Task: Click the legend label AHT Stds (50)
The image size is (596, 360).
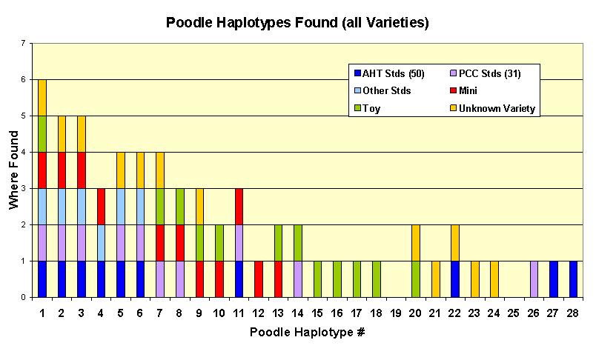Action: click(x=393, y=74)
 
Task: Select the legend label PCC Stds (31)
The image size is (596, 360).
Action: click(x=489, y=74)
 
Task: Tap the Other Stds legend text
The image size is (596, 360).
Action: click(x=386, y=91)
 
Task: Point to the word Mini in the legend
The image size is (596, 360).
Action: click(x=468, y=91)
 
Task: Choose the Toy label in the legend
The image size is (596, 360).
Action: click(x=371, y=109)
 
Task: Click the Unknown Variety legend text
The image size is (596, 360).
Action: click(x=497, y=109)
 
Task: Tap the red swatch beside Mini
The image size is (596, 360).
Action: click(x=452, y=91)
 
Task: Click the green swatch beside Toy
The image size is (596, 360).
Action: click(x=357, y=109)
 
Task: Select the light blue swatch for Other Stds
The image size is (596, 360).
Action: click(x=357, y=91)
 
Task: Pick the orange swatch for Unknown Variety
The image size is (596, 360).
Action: click(x=452, y=109)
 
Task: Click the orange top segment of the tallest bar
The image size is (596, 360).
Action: click(x=42, y=97)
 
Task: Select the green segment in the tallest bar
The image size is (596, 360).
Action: click(x=42, y=133)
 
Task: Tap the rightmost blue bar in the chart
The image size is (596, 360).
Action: click(x=573, y=279)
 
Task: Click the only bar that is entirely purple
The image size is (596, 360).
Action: click(x=534, y=279)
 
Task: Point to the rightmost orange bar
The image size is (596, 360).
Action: click(x=494, y=279)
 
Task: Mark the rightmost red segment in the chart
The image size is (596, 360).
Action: click(x=278, y=279)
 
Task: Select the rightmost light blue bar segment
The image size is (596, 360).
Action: click(x=140, y=206)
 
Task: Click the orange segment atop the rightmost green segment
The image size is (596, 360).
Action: click(x=416, y=242)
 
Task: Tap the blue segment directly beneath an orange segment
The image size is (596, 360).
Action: click(x=455, y=279)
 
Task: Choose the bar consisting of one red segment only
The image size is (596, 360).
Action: click(x=259, y=279)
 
